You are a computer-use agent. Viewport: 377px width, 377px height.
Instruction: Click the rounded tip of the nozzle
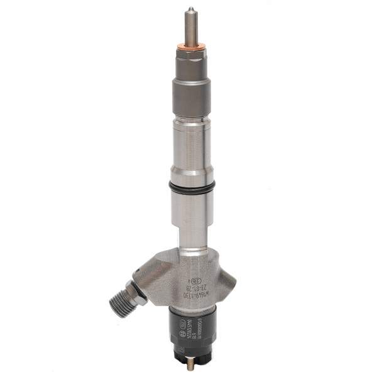[189, 9]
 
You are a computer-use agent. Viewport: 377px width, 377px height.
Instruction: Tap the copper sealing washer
[189, 45]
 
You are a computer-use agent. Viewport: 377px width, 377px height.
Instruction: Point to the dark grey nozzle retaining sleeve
[190, 94]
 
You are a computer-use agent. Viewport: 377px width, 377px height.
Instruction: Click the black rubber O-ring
[192, 187]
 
